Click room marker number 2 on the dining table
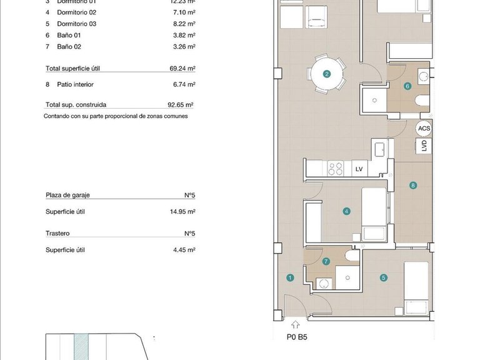point(327,74)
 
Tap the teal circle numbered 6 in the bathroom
point(407,87)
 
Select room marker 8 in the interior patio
point(412,185)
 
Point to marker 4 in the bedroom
point(346,211)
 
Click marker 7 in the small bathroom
point(326,262)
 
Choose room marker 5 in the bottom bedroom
point(384,278)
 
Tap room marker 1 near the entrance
point(290,278)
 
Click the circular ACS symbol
point(424,129)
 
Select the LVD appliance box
point(424,146)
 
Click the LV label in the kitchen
point(359,169)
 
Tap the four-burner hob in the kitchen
point(336,168)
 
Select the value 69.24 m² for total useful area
point(182,69)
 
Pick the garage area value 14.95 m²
point(182,212)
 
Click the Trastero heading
point(57,233)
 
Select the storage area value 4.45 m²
point(184,250)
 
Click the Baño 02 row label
point(69,46)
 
